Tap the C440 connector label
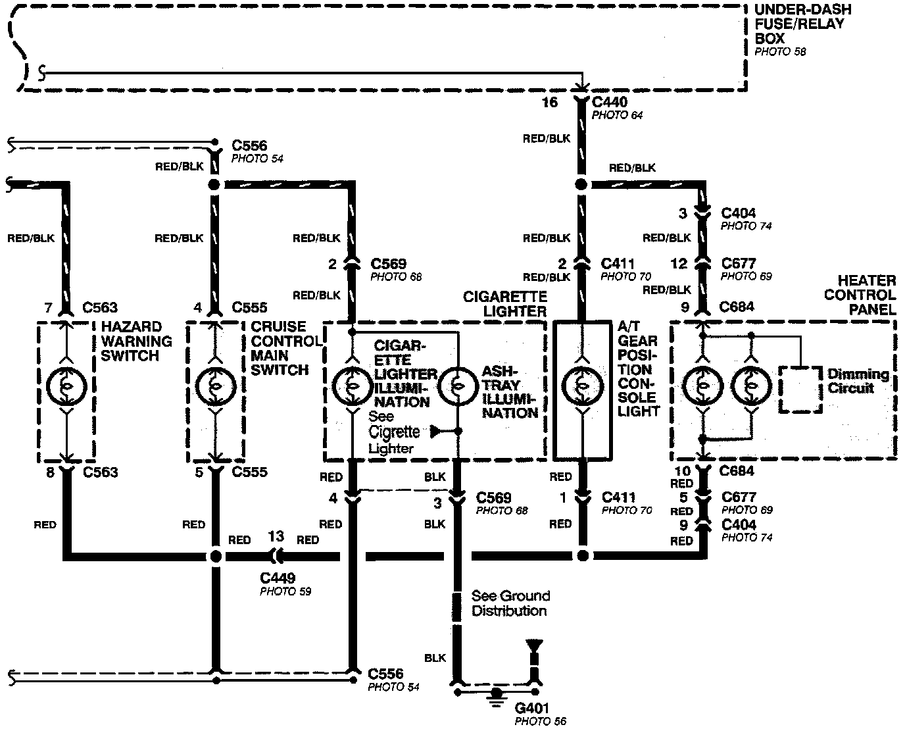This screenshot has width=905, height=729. tap(610, 102)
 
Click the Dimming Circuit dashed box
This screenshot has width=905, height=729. tap(800, 390)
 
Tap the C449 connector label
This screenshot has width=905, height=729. tap(278, 578)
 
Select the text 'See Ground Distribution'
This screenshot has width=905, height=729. tap(510, 603)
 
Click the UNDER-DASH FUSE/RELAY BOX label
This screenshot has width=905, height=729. tap(802, 24)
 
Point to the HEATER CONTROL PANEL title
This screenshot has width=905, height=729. tap(860, 295)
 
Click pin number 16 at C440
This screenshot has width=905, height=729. tap(549, 102)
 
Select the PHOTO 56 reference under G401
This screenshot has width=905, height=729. tap(540, 721)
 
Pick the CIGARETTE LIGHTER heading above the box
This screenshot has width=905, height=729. tap(505, 304)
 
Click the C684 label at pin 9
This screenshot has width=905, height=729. tap(737, 307)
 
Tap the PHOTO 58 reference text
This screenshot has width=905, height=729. tap(780, 51)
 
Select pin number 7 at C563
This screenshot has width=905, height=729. tap(47, 307)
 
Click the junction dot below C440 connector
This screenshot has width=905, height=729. tap(581, 186)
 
